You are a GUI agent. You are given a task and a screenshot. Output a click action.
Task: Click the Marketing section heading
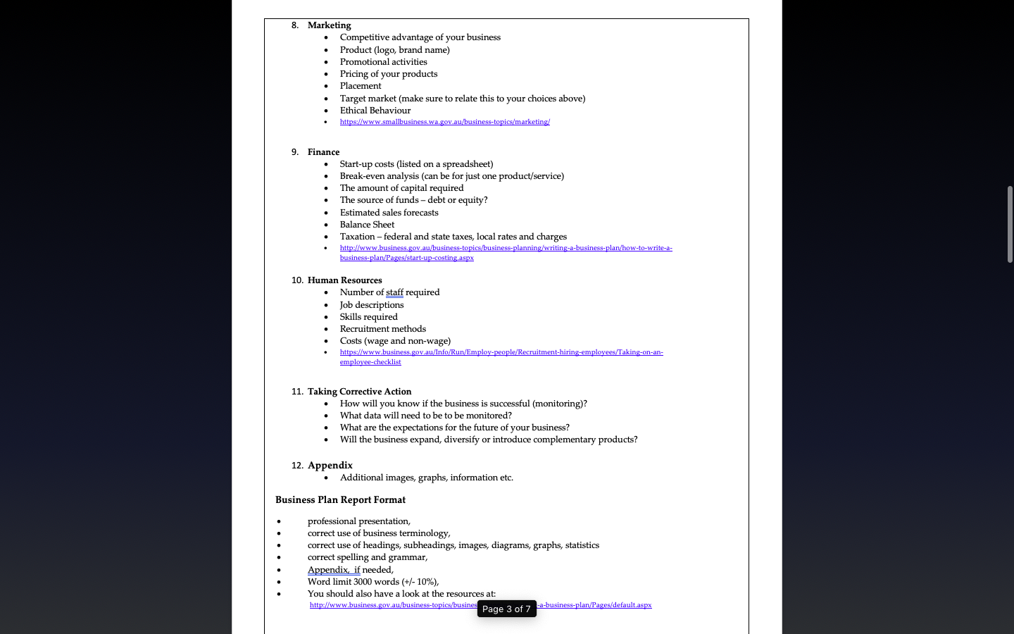click(329, 25)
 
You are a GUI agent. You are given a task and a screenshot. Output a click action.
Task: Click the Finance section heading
click(323, 152)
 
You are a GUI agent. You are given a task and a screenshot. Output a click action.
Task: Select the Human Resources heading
click(344, 280)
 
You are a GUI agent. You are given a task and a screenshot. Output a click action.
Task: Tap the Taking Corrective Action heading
click(359, 392)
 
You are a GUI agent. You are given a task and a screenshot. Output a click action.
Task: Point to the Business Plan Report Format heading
click(340, 500)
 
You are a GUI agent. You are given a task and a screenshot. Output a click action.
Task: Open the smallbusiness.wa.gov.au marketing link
click(444, 122)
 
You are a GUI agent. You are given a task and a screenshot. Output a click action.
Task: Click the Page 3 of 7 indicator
click(506, 609)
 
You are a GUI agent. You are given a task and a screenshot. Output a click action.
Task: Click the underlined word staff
click(394, 292)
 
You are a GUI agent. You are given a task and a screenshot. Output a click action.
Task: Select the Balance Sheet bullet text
click(367, 225)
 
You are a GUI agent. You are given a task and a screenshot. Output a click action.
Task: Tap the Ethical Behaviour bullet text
click(375, 111)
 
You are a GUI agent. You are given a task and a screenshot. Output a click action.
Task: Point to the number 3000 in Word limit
click(363, 582)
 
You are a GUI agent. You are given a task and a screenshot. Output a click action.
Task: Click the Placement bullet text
click(360, 86)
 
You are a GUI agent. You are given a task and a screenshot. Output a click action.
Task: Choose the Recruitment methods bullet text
click(382, 329)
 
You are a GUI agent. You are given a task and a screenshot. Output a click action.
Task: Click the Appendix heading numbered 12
click(330, 466)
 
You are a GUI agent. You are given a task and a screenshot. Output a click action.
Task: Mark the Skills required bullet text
click(368, 317)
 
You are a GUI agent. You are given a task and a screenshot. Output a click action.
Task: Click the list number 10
click(297, 280)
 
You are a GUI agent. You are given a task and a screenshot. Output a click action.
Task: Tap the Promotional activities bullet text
click(383, 62)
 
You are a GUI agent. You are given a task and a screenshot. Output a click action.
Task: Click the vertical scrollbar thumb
click(1010, 224)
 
